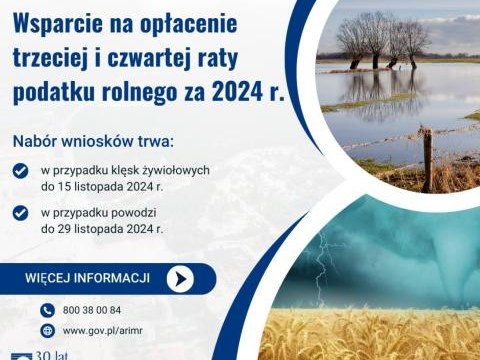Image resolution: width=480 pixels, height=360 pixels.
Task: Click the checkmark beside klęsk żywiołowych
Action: coord(21,171)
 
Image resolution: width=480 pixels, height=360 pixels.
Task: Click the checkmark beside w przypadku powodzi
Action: coord(21,212)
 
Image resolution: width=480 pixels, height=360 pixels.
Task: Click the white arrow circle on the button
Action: coord(179,279)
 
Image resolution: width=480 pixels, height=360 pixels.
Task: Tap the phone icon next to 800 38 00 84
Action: coord(46,310)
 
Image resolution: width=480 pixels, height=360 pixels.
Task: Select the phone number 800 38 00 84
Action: coord(91,310)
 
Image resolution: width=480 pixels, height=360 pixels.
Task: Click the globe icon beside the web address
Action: coord(46,330)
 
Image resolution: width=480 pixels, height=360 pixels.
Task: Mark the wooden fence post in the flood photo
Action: coord(427,160)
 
